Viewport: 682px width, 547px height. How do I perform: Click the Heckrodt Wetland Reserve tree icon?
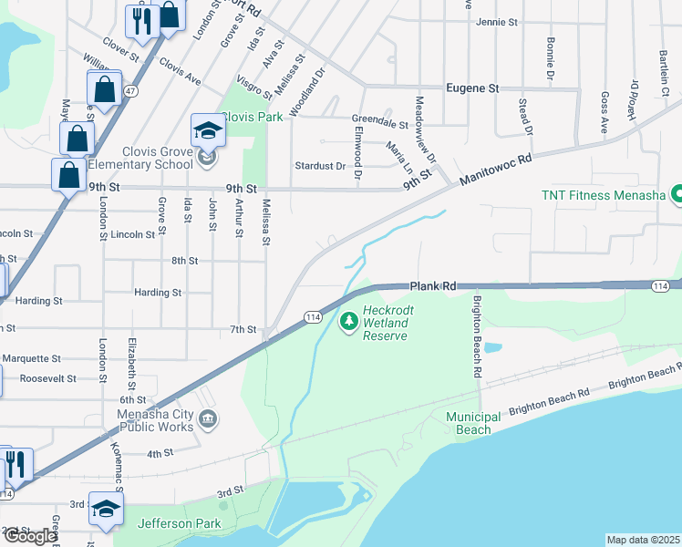click(x=348, y=321)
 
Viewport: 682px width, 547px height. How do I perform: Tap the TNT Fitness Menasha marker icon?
click(x=677, y=194)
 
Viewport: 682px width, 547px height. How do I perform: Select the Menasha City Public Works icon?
click(x=208, y=419)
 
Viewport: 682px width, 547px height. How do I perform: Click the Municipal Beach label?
click(x=473, y=423)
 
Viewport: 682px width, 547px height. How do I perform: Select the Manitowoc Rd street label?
click(x=495, y=170)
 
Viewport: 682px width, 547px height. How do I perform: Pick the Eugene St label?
click(x=472, y=88)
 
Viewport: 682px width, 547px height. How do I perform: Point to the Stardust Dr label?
click(x=320, y=166)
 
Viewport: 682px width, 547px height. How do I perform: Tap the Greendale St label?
click(x=379, y=120)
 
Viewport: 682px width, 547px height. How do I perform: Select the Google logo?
click(x=30, y=536)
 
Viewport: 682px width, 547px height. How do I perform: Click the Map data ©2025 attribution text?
click(x=644, y=540)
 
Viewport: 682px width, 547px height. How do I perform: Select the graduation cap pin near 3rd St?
click(x=107, y=511)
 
